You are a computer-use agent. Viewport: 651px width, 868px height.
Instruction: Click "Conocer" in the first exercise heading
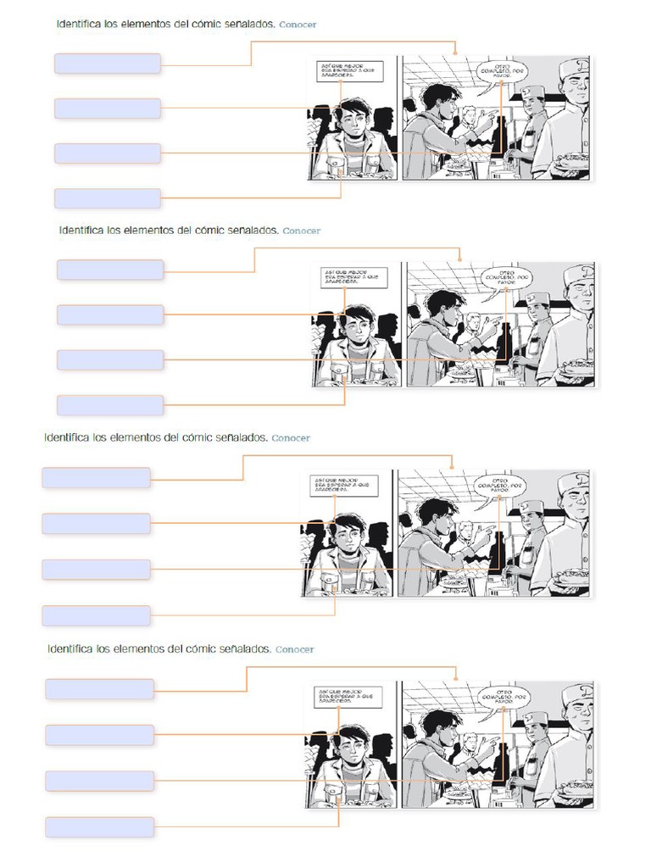coord(297,25)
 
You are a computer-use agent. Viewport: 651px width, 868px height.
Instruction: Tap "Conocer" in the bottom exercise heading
coord(294,649)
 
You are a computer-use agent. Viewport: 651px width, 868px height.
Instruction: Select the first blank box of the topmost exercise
coord(108,64)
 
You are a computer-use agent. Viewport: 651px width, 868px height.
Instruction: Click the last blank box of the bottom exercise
coord(99,826)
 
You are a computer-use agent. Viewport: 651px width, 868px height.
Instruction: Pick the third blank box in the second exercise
coord(110,360)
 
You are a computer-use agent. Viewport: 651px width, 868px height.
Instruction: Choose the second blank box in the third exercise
coord(96,523)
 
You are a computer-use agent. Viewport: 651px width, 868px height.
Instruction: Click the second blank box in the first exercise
coord(108,108)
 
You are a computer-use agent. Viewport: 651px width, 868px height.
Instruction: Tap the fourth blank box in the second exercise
coord(110,405)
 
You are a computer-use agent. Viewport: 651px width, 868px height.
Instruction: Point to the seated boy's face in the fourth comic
coord(349,744)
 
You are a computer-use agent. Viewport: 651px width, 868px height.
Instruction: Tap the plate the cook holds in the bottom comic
coord(571,789)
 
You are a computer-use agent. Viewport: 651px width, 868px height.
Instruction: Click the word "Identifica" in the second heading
coord(81,230)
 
